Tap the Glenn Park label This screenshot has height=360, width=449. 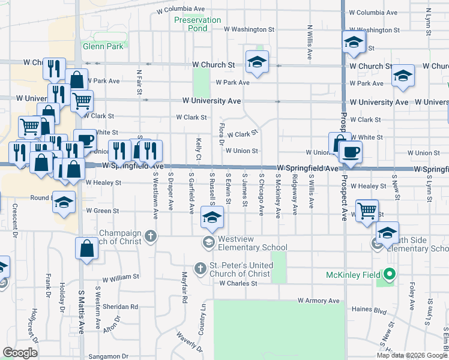(x=103, y=46)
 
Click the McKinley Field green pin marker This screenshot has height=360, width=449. (x=390, y=275)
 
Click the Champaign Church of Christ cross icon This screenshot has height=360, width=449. (x=151, y=236)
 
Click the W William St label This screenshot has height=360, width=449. (x=121, y=278)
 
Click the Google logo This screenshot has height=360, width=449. (x=20, y=352)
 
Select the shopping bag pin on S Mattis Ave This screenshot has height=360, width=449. (x=87, y=247)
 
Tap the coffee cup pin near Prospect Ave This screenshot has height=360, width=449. (x=351, y=153)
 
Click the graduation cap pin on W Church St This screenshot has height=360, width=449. (x=257, y=62)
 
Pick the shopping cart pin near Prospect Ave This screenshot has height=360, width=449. (x=367, y=211)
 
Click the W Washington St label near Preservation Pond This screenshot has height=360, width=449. (x=249, y=29)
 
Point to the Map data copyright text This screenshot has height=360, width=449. (x=412, y=355)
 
